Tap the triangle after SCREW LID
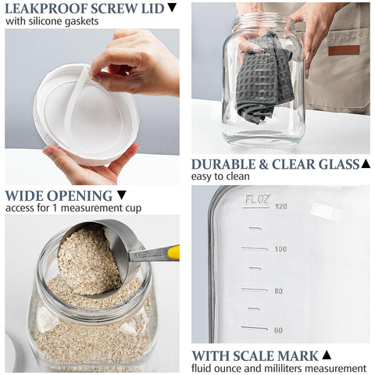coord(172,9)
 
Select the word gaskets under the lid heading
coord(80,22)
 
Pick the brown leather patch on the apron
coord(344,49)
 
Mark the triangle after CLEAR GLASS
coord(365,164)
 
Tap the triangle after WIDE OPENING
coord(121,195)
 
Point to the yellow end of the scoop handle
coord(173,252)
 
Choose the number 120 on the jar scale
coord(281,207)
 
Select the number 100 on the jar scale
coord(280,249)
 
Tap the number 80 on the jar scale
coord(278,291)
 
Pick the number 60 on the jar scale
coord(278,330)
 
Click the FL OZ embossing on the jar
coord(256,201)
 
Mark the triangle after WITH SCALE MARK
coord(327,355)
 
